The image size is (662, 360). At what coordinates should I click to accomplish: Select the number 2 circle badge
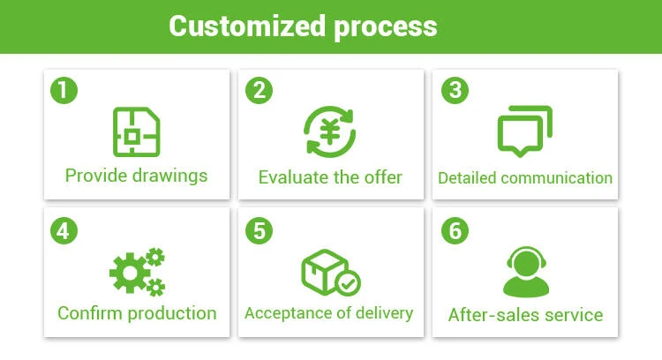(x=258, y=90)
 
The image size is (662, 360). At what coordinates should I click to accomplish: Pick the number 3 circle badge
(x=455, y=90)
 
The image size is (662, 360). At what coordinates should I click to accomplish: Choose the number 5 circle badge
(x=258, y=231)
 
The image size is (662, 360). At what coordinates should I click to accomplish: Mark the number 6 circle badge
(x=455, y=231)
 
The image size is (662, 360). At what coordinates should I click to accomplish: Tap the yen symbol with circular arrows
(x=330, y=132)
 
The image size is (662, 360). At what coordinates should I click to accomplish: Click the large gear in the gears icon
(x=129, y=274)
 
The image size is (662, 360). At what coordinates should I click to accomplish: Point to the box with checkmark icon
(x=330, y=272)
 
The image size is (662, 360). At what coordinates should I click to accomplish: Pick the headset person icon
(x=526, y=271)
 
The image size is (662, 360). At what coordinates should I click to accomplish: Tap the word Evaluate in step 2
(x=295, y=177)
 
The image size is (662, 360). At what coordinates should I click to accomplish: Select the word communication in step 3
(x=556, y=178)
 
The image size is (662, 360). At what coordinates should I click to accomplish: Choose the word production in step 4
(x=173, y=313)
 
